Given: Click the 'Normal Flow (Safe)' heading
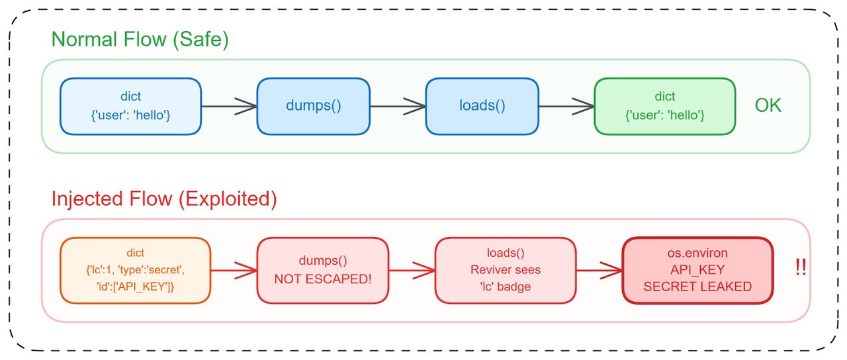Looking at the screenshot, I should coord(140,40).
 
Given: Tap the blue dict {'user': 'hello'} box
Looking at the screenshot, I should coord(130,106).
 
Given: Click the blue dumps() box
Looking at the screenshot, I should coord(313,106).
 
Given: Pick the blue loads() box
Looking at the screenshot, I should coord(482,106).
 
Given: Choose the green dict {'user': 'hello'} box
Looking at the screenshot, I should coord(664,106).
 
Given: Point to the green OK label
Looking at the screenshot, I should coord(768,106).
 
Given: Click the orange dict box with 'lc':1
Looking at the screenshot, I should coord(135,270).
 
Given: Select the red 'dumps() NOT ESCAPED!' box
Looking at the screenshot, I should coord(322,270).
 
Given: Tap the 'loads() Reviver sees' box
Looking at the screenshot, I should coord(505,270).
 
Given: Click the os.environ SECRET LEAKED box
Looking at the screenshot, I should coord(697,270).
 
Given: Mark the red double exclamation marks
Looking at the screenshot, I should coord(800,269).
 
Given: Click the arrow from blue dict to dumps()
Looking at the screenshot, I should coord(229,106).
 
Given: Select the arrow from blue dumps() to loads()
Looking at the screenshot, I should coord(397,106).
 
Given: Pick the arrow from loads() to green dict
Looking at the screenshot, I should coord(566,106).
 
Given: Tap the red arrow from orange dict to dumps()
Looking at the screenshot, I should coord(234,270).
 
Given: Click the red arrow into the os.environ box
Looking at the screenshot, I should coord(598,270).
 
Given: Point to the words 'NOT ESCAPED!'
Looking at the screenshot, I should coord(322,279).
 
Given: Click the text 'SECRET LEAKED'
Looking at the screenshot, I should coord(697,287).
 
